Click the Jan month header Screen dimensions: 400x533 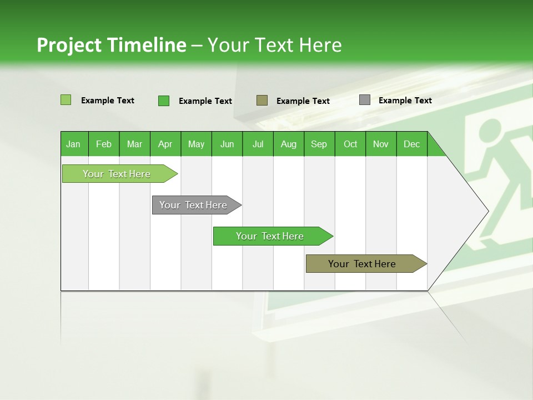pyautogui.click(x=74, y=144)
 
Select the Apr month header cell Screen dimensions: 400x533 pyautogui.click(x=165, y=144)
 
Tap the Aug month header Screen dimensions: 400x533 pyautogui.click(x=288, y=144)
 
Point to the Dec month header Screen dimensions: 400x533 pyautogui.click(x=411, y=144)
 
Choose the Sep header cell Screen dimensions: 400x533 pyautogui.click(x=319, y=144)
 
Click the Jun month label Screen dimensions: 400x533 pyautogui.click(x=227, y=144)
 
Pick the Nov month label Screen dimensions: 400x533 pyautogui.click(x=380, y=144)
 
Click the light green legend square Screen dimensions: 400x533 pyautogui.click(x=66, y=100)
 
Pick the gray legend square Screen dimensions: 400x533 pyautogui.click(x=365, y=100)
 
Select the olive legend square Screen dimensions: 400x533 pyautogui.click(x=262, y=100)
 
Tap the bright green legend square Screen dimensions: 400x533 pyautogui.click(x=164, y=101)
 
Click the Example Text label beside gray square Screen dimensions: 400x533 pyautogui.click(x=405, y=101)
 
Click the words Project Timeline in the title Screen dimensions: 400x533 pyautogui.click(x=111, y=45)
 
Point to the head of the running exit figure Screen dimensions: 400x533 pyautogui.click(x=489, y=130)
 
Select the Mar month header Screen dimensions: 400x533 pyautogui.click(x=134, y=144)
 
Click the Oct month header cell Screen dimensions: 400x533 pyautogui.click(x=350, y=144)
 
